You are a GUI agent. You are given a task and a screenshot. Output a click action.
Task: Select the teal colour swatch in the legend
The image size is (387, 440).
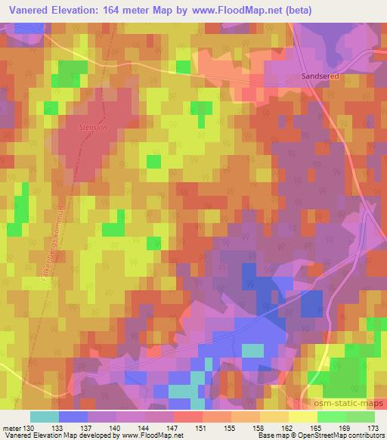pyautogui.click(x=45, y=416)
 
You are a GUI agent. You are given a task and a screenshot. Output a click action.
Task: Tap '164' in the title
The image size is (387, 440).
pyautogui.click(x=113, y=8)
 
